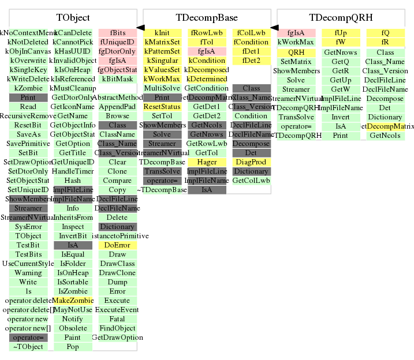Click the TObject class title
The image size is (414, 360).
[73, 18]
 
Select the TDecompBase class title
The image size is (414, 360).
[206, 18]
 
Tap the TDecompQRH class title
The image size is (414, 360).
[341, 18]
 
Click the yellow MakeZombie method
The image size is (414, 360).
[73, 301]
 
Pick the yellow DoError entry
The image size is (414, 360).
[117, 245]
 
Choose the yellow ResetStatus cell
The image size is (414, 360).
[162, 107]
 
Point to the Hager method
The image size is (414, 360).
[207, 162]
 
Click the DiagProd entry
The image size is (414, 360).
[251, 162]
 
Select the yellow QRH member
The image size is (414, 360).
[296, 52]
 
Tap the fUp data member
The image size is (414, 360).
[341, 33]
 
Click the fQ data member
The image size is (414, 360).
[385, 33]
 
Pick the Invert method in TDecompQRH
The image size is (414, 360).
[341, 117]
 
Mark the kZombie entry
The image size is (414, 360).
[28, 88]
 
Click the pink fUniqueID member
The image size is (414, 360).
[117, 42]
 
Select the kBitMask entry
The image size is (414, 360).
[117, 79]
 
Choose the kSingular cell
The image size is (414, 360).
[162, 61]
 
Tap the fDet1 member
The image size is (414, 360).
[251, 51]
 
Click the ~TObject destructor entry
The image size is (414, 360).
[28, 347]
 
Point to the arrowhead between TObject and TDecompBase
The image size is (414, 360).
[140, 27]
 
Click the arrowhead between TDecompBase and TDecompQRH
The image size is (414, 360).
[274, 27]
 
